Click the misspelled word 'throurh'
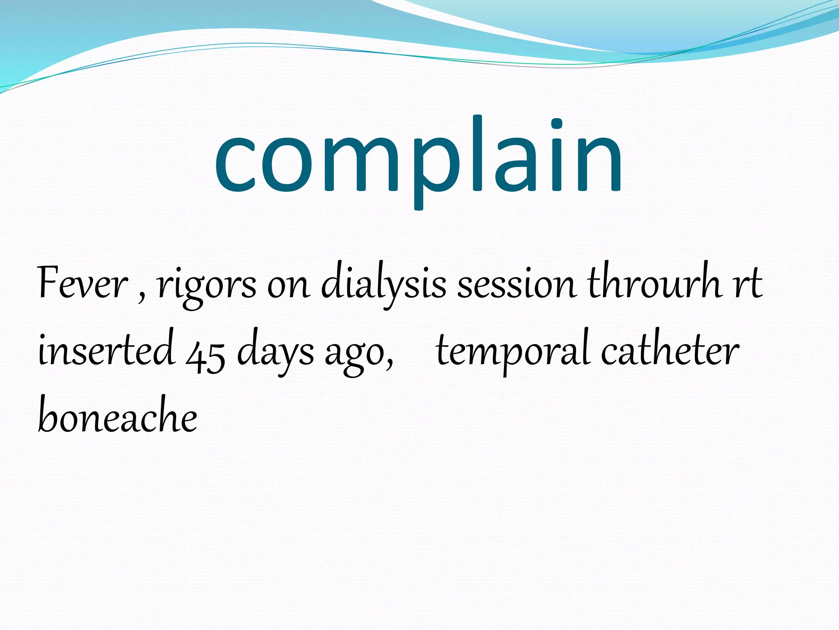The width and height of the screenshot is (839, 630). click(654, 282)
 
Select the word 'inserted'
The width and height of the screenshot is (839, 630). click(107, 351)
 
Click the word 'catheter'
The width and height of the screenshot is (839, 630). click(670, 351)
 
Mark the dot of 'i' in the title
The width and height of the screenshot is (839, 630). click(556, 123)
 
